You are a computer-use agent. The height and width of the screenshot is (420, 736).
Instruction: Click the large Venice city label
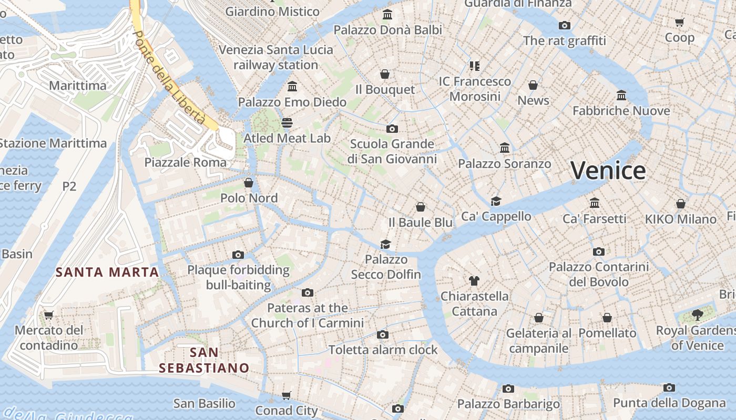[608, 171]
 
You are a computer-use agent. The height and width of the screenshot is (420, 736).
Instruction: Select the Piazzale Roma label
[186, 162]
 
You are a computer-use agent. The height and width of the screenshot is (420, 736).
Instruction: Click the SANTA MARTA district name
[107, 272]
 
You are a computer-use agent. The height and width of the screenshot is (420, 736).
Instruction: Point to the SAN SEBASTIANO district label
[204, 360]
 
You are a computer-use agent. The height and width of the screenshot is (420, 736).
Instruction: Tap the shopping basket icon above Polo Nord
[249, 183]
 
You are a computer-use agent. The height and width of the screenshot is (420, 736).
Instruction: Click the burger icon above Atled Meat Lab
[287, 123]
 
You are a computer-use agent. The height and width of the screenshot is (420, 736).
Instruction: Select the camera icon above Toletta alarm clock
[383, 334]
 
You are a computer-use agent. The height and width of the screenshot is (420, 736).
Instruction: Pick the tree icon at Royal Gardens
[698, 315]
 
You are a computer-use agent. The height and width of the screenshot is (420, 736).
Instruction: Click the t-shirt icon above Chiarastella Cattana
[474, 281]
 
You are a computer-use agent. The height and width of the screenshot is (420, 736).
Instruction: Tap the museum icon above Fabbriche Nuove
[621, 96]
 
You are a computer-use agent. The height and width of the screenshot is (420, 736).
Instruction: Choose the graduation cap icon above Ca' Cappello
[496, 201]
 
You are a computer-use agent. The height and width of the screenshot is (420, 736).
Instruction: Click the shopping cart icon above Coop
[680, 22]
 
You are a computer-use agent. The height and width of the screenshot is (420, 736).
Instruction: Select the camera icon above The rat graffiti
[565, 25]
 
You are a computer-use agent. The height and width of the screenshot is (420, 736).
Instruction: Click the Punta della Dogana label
[669, 403]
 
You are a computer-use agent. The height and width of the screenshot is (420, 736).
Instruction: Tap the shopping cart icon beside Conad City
[287, 395]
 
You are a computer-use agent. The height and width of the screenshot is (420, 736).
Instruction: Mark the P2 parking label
[69, 186]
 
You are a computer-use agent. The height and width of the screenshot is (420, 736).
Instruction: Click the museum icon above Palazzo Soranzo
[505, 148]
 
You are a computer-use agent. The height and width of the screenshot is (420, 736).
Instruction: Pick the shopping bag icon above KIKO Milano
[681, 204]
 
